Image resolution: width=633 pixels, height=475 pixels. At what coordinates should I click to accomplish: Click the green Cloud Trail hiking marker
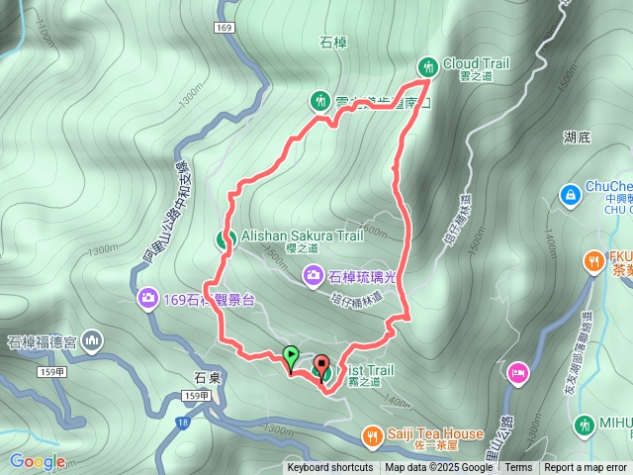point(428,66)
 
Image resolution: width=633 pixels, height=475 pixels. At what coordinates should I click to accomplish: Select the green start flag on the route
point(291,354)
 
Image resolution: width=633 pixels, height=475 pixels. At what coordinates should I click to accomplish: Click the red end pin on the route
point(322,363)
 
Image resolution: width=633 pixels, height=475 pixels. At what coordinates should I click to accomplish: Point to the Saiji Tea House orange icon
point(372,433)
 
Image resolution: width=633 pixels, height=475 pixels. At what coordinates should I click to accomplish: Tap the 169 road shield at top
point(224,28)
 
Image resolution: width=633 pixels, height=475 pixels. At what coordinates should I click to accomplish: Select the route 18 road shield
point(183,423)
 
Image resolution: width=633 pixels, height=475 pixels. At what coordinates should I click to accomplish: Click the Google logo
point(38,461)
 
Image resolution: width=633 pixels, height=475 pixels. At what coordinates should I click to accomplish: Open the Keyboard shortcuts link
point(330,468)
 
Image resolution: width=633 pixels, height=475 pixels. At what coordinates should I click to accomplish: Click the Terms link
point(518,468)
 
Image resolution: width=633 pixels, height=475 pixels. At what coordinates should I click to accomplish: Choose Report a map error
point(586,468)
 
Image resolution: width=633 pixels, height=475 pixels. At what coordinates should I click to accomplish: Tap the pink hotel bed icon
point(517,372)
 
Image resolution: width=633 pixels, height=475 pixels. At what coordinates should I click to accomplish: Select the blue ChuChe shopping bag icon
point(570,196)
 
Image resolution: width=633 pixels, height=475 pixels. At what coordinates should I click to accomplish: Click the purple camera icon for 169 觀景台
point(147,298)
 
